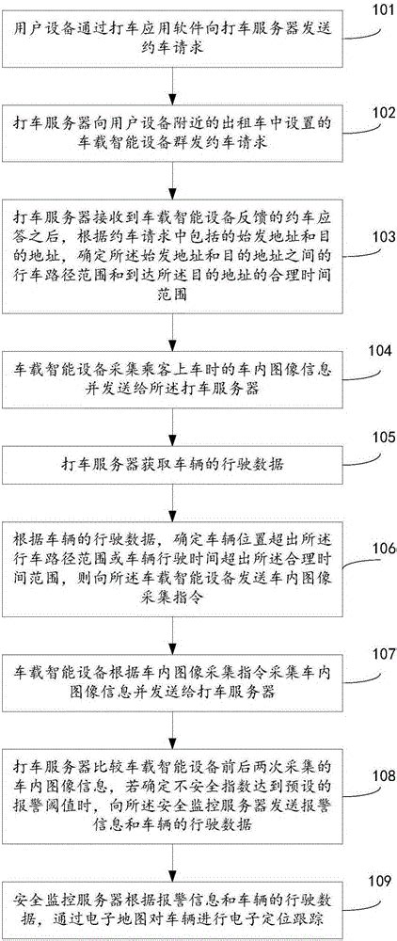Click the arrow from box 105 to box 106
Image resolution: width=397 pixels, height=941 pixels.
click(171, 494)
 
